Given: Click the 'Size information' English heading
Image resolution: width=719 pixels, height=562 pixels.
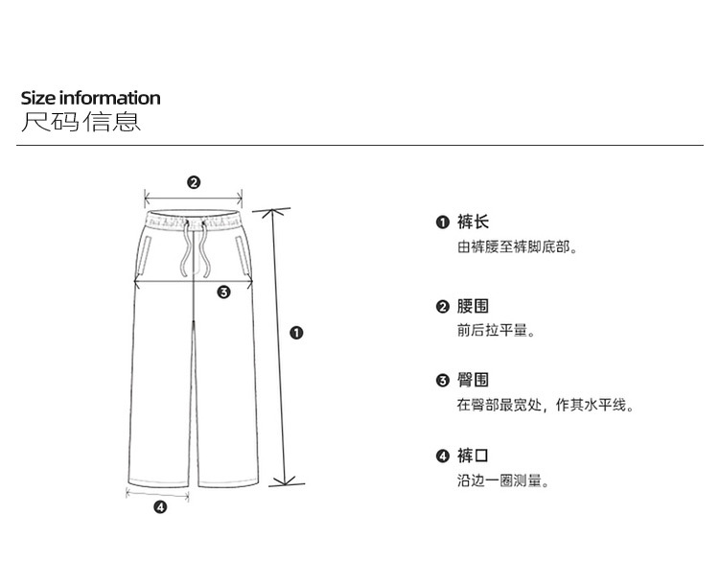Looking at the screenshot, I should pos(91,98).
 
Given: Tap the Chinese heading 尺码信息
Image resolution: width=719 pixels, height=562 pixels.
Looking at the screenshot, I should pos(81,123).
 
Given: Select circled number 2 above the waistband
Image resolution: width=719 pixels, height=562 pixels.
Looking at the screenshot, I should pos(194,182).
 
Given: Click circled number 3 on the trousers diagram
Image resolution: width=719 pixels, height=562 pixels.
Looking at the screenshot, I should pos(223,293).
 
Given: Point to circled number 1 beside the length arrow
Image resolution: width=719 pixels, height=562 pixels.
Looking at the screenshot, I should pos(296,333).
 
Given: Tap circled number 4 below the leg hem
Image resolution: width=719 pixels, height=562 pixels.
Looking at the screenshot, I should pos(160,508).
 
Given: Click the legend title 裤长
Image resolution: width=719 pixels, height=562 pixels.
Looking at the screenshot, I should pos(473,222).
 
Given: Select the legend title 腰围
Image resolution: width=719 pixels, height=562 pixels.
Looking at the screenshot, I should pos(473,307).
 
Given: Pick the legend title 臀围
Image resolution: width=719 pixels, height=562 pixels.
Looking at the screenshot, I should pos(473,381).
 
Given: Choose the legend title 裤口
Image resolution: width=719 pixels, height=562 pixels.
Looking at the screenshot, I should pos(473,456).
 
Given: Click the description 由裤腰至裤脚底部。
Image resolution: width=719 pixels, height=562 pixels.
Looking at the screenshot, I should pos(517,247).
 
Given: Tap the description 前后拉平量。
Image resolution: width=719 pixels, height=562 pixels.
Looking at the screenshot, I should pos(496,331).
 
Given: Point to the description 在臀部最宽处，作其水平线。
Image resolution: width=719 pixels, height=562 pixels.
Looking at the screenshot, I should pos(545,406).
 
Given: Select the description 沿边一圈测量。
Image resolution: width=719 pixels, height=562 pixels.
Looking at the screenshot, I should pos(503,480).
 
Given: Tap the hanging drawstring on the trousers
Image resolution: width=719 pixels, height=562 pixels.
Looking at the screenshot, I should pos(189,254).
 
